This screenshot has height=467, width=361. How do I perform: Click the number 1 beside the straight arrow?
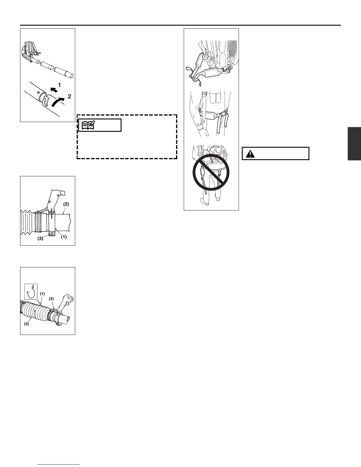tap(59, 85)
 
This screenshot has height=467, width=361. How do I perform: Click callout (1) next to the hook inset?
tap(42, 294)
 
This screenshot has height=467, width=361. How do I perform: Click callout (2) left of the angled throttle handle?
tap(51, 299)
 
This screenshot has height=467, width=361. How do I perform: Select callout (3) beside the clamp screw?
tap(40, 239)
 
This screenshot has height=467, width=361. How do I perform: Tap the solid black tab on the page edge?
tap(354, 144)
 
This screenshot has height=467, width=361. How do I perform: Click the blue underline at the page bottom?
tap(59, 464)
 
